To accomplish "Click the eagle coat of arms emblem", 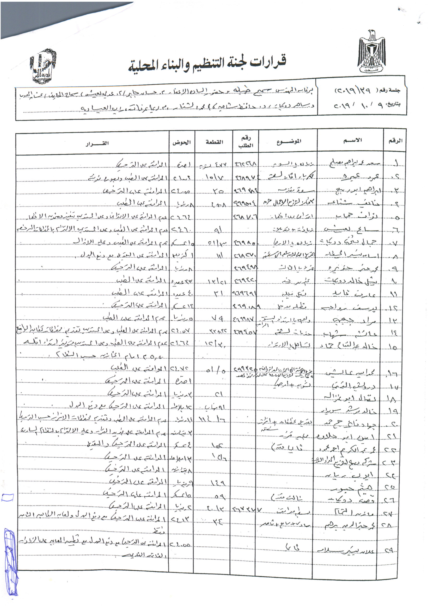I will pos(371,52).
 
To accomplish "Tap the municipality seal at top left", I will pos(43,66).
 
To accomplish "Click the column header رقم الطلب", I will pos(246,142).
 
